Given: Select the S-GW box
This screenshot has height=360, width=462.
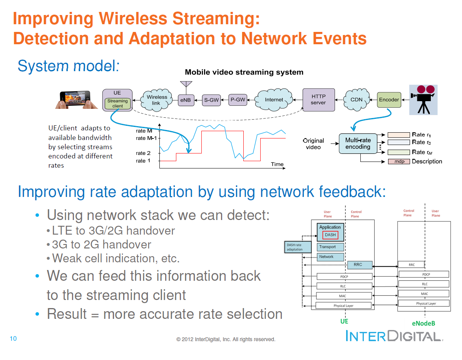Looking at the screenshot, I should click(x=211, y=100).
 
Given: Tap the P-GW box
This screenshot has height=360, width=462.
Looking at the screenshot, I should click(x=238, y=100).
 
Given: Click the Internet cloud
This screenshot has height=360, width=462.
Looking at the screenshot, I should click(x=274, y=100).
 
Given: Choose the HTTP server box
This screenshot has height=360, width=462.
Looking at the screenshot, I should click(x=318, y=100).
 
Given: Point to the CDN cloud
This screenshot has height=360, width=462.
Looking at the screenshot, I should click(x=356, y=100).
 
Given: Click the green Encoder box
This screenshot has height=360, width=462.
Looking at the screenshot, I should click(x=389, y=100).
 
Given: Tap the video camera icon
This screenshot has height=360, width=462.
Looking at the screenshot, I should click(x=423, y=100).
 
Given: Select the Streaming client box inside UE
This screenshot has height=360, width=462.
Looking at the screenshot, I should click(x=117, y=103).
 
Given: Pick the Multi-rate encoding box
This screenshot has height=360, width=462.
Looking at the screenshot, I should click(x=358, y=143).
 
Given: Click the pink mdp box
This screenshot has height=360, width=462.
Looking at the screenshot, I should click(x=398, y=162).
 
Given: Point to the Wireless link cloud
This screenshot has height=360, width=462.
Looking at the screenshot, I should click(x=156, y=100).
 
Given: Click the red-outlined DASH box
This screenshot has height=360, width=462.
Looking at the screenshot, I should click(x=330, y=235).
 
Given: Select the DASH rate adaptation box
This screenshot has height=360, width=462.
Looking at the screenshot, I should click(x=298, y=247).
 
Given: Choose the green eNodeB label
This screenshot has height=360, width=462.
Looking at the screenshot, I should click(x=423, y=323).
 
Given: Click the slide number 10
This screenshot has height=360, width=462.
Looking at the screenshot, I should click(x=13, y=339).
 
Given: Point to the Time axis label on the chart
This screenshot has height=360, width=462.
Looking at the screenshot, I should click(x=277, y=164).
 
